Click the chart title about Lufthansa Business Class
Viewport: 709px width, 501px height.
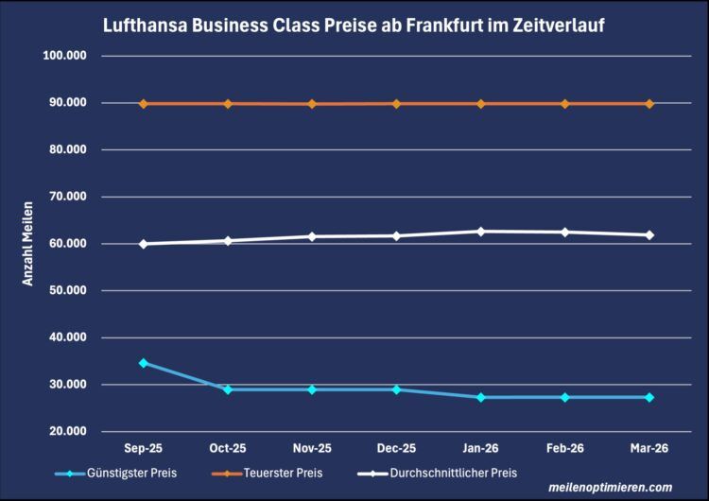[x=354, y=26]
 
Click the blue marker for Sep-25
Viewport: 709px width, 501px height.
[x=144, y=363]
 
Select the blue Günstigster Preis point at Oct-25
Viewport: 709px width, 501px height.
[x=228, y=389]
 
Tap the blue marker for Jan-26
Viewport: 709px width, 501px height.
[x=481, y=397]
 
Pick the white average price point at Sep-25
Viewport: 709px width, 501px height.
[x=144, y=244]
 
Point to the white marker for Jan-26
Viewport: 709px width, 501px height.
[x=481, y=232]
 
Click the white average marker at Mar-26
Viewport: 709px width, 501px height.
[x=649, y=235]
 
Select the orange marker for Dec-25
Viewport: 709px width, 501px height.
[x=396, y=104]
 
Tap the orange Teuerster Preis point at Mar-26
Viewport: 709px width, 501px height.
[x=649, y=104]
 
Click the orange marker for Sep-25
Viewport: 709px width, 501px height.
[x=144, y=104]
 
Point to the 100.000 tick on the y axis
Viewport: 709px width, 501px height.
[x=65, y=56]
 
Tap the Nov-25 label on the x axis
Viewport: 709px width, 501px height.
[x=312, y=448]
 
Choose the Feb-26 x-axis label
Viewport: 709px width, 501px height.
[x=565, y=448]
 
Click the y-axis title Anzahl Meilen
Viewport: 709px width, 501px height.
[x=29, y=244]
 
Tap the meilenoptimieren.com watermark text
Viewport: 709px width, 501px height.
[x=611, y=488]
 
